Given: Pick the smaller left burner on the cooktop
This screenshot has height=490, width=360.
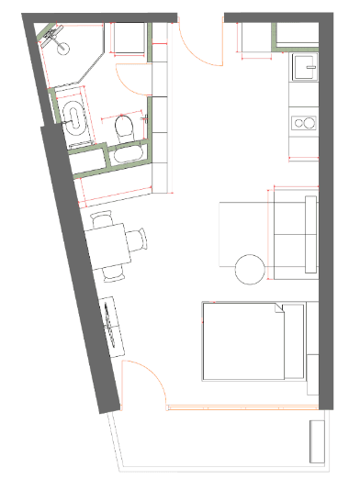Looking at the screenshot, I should (296, 122).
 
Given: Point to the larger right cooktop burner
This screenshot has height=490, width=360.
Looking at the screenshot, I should (308, 123).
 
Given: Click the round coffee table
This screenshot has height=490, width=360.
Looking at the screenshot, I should (252, 269).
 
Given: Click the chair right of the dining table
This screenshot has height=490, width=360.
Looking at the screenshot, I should (138, 241).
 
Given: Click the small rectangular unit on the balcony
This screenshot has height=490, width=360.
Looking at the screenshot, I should (317, 443).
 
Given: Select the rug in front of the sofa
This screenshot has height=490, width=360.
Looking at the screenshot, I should (242, 234).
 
